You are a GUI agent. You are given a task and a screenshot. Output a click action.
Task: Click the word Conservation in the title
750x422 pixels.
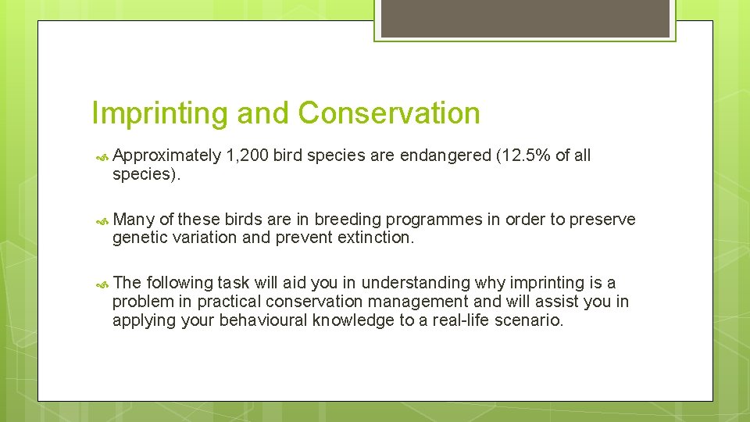click(x=389, y=114)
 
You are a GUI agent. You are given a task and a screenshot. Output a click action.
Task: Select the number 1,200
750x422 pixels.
click(x=247, y=156)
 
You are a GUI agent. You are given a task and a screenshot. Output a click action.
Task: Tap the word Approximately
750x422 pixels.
click(x=166, y=156)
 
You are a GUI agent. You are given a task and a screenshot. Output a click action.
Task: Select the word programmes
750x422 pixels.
click(x=437, y=220)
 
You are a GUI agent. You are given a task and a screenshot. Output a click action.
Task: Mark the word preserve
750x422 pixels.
click(x=602, y=220)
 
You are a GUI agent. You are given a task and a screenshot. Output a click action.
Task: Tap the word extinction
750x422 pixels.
click(x=374, y=238)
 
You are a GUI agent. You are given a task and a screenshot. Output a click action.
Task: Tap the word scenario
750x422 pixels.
click(x=528, y=320)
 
